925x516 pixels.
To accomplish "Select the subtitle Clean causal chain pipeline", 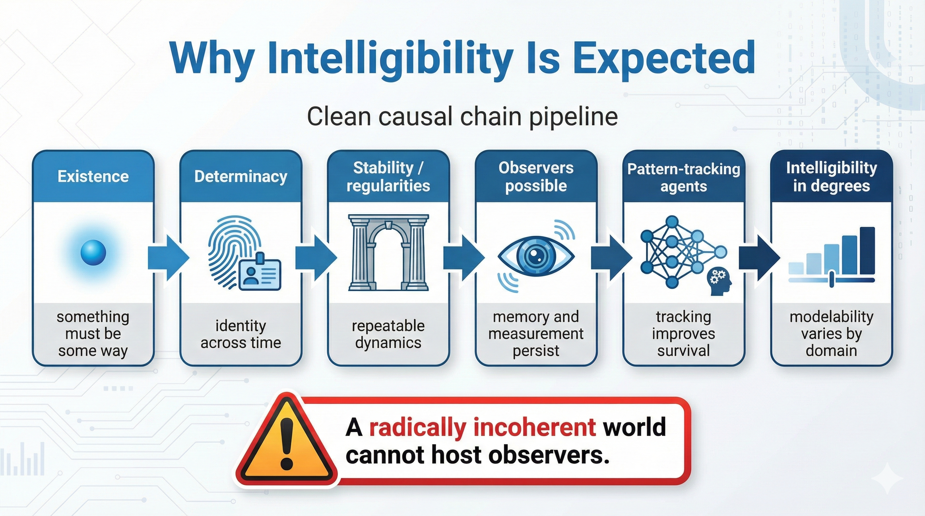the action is [462, 117].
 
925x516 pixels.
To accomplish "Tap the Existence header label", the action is [93, 177].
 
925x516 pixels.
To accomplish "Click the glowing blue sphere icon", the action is [93, 253].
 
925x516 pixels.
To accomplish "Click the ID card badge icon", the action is [259, 273].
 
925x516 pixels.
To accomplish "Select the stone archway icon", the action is [388, 253].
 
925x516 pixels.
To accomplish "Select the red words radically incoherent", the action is [482, 427].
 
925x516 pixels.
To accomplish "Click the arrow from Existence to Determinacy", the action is [168, 257].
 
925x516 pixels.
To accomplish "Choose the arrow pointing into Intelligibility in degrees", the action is [759, 257].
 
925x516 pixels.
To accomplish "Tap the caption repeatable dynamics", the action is [388, 334].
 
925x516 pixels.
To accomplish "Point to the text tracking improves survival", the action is [684, 334].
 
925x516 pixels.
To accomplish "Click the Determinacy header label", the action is [241, 177].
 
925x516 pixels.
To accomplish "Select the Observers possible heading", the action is [536, 177].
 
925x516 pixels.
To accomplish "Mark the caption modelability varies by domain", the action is [831, 334].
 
